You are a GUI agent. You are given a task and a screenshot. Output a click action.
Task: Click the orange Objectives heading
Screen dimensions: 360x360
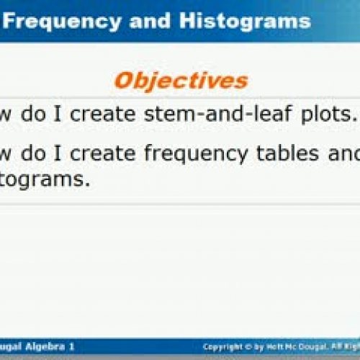(x=181, y=80)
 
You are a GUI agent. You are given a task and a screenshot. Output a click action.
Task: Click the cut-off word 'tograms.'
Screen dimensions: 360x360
(x=45, y=180)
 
